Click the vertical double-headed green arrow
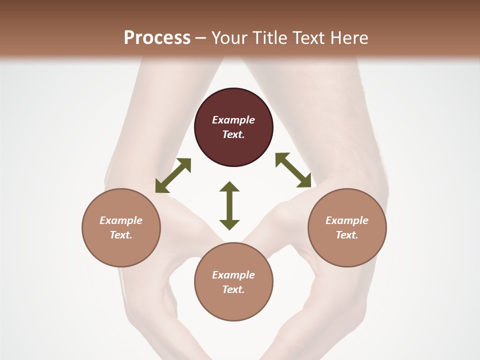pyautogui.click(x=229, y=205)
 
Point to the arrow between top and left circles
pyautogui.click(x=173, y=175)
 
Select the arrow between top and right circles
pyautogui.click(x=293, y=170)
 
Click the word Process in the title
pyautogui.click(x=157, y=37)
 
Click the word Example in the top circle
pyautogui.click(x=233, y=120)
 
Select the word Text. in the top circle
pyautogui.click(x=233, y=134)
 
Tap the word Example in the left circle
pyautogui.click(x=121, y=220)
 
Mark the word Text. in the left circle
pyautogui.click(x=121, y=235)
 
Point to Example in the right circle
pyautogui.click(x=347, y=220)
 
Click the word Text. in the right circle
pyautogui.click(x=347, y=235)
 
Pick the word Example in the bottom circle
pyautogui.click(x=233, y=275)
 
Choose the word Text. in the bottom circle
pyautogui.click(x=233, y=289)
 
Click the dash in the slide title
pyautogui.click(x=201, y=38)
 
